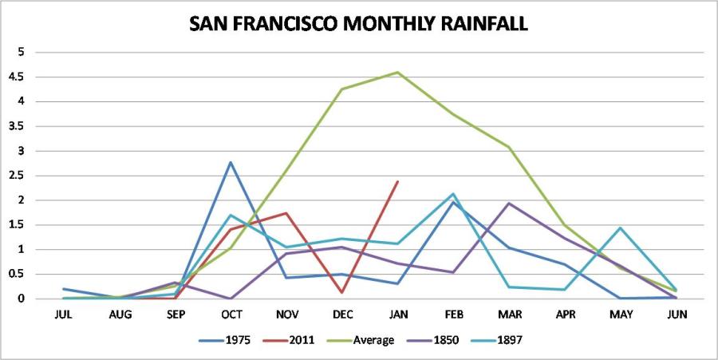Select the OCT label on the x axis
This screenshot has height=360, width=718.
[x=230, y=314]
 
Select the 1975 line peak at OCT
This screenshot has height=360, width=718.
[x=230, y=162]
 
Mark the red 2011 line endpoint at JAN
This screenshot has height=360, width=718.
[x=397, y=181]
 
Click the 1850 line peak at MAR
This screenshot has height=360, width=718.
[x=509, y=203]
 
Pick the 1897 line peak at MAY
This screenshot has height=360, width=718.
[x=620, y=227]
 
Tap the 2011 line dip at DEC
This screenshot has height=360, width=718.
[x=341, y=292]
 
